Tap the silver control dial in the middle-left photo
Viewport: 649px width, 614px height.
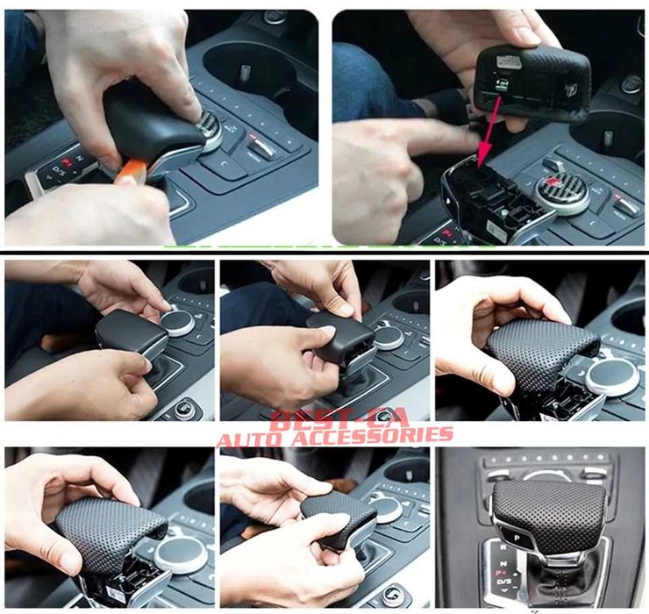[178, 323]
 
